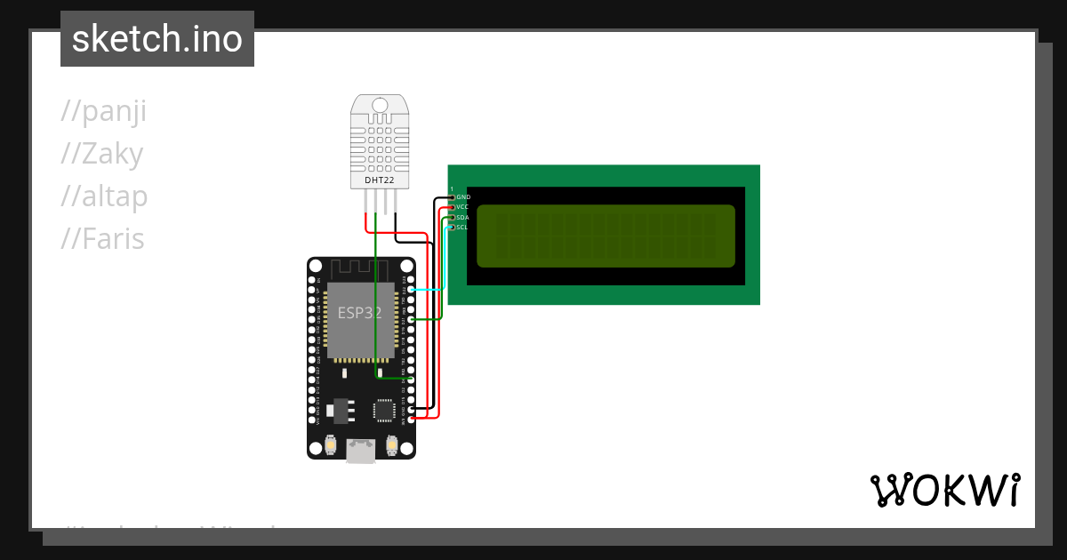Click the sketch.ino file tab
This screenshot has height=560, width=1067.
tap(157, 39)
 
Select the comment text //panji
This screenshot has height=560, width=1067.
tap(103, 112)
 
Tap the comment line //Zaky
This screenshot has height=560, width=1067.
tap(101, 155)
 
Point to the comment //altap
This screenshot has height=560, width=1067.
tap(104, 196)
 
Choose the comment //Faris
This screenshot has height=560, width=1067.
tap(102, 239)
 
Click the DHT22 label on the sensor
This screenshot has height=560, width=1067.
tap(380, 180)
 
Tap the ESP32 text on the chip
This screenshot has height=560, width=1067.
tap(360, 313)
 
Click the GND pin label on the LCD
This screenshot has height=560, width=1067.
tap(463, 196)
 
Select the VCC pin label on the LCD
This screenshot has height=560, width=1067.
tap(462, 206)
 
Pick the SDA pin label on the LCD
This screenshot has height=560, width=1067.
tap(462, 217)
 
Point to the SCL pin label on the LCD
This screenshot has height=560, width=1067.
tap(462, 227)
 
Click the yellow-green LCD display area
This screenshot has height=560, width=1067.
tap(606, 236)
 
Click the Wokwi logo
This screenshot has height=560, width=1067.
tap(945, 491)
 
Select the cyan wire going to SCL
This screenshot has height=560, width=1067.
tap(429, 289)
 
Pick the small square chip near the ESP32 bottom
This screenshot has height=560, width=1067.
tap(384, 410)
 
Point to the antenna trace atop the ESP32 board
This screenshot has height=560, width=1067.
tap(361, 268)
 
